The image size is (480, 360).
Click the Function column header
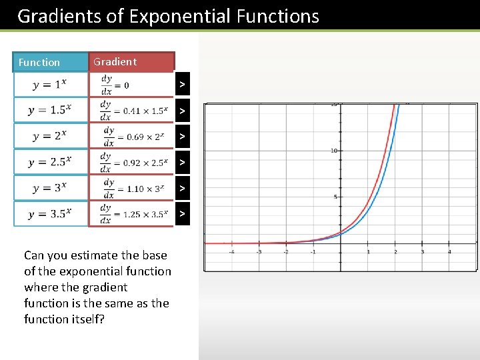click(39, 62)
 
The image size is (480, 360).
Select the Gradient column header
click(115, 61)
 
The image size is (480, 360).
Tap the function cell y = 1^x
click(51, 84)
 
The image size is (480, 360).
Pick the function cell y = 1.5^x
click(51, 110)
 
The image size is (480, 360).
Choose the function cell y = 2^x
click(51, 136)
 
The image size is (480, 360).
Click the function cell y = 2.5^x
click(51, 162)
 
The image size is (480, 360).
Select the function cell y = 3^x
click(51, 188)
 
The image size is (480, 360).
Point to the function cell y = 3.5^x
click(51, 214)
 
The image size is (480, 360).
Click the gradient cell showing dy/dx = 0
click(130, 84)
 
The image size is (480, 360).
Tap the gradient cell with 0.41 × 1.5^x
click(131, 110)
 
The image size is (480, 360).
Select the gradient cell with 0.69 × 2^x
click(131, 136)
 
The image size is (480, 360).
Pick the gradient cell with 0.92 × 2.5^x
click(131, 162)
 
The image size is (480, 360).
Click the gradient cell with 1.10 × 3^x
click(131, 188)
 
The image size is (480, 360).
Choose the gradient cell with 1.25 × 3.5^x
click(131, 214)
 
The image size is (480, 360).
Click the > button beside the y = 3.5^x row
click(181, 214)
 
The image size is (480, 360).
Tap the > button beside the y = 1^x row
click(181, 84)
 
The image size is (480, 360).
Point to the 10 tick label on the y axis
click(334, 151)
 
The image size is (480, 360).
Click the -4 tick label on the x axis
click(231, 252)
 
